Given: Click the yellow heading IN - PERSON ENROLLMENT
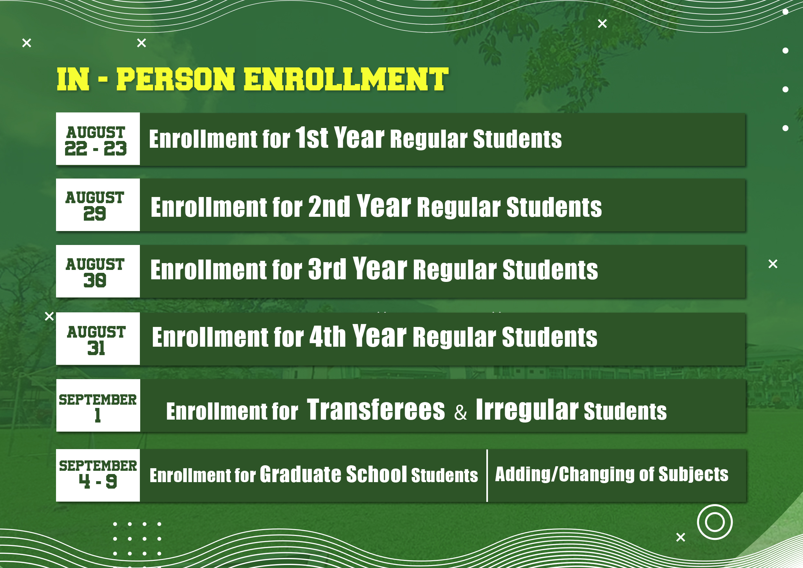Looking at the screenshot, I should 253,79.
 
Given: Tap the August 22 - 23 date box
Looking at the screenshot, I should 97,139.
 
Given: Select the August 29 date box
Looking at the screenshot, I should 97,205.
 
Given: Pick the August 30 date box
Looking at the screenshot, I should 97,272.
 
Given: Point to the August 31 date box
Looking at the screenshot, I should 97,339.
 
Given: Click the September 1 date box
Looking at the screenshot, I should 98,406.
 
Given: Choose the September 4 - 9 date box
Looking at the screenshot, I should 97,475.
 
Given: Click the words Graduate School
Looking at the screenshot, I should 333,475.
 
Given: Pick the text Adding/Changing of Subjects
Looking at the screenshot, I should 611,475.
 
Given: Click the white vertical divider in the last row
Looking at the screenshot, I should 487,475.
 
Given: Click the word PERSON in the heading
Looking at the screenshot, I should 175,79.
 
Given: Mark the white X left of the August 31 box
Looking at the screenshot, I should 49,316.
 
